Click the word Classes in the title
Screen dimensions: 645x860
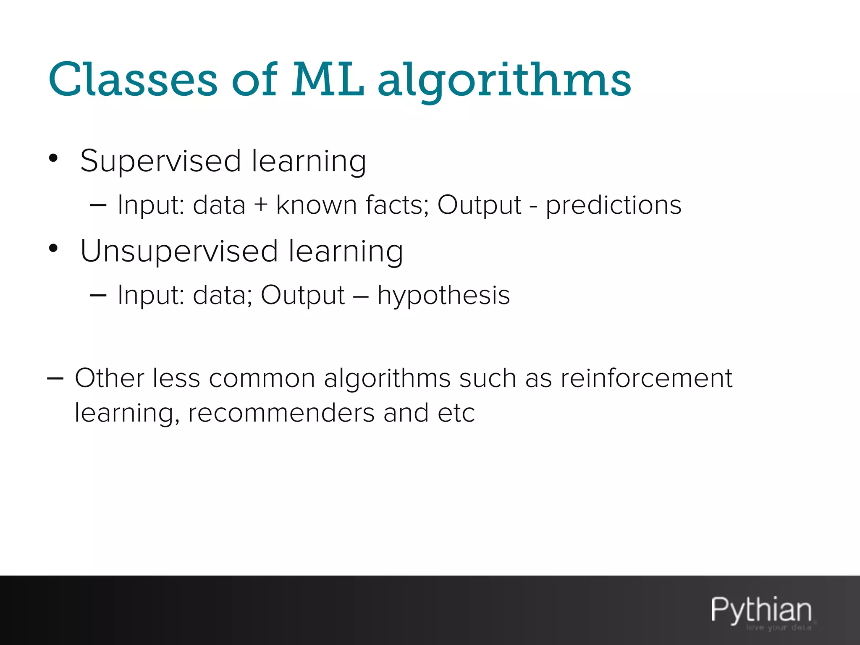133,79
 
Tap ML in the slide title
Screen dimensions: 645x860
328,79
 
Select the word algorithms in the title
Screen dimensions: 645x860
504,82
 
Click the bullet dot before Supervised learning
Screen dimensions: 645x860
53,158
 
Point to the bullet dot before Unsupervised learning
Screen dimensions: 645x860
53,248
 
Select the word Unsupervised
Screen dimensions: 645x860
179,252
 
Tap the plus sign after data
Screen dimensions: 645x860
261,205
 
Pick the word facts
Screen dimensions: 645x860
397,205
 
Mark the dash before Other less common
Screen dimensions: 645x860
55,379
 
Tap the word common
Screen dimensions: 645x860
262,379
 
